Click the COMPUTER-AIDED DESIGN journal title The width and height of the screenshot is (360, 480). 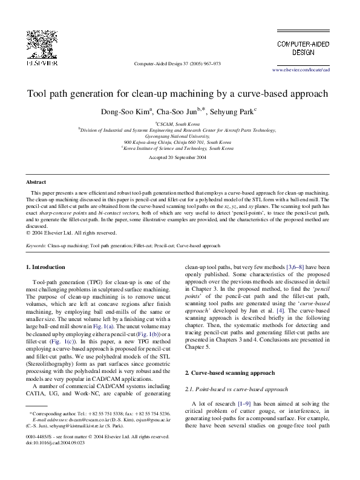point(303,48)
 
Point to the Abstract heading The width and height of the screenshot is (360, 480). point(36,182)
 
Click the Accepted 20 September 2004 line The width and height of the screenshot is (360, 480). point(177,157)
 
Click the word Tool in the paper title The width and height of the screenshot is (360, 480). point(37,94)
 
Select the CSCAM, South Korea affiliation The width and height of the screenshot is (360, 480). point(179,123)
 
